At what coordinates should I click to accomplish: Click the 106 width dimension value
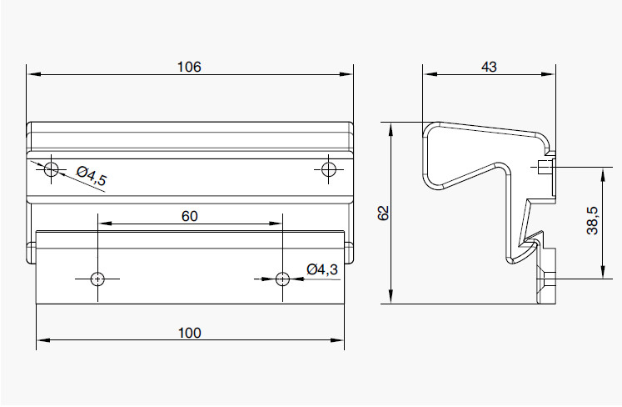189,67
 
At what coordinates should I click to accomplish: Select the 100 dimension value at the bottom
190,333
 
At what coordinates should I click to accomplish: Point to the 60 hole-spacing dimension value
190,216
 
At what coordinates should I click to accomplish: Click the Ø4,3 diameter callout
322,269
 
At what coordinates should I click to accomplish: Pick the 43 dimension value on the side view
489,67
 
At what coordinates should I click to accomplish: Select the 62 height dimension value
384,213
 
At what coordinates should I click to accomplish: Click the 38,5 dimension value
593,220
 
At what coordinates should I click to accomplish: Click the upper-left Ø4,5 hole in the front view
51,169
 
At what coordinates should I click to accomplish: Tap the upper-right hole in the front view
328,169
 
